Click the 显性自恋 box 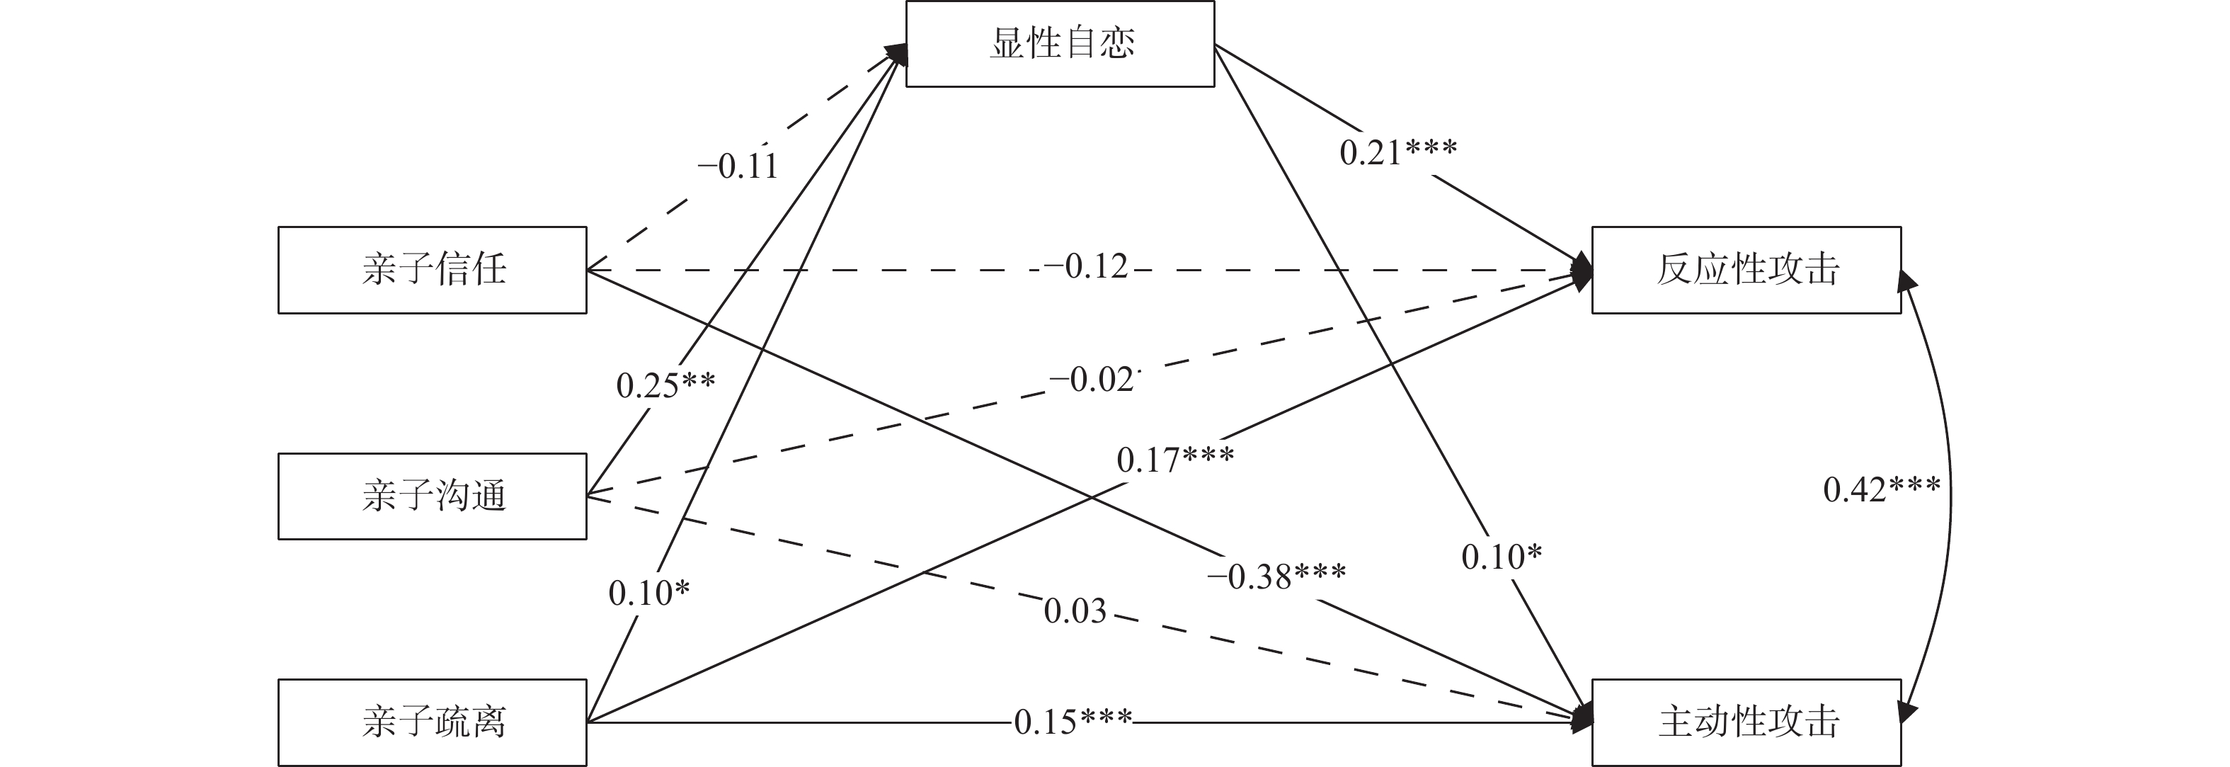click(1060, 43)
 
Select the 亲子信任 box click(432, 269)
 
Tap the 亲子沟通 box click(432, 496)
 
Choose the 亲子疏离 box click(432, 722)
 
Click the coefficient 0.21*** click(1398, 152)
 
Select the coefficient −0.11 click(738, 165)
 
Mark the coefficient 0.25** click(665, 385)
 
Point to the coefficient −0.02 click(1091, 379)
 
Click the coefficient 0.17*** click(1174, 460)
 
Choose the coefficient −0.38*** click(1276, 576)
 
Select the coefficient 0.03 click(1075, 611)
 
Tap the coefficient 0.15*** click(1073, 721)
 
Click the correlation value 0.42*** click(1882, 490)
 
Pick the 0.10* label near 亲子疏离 click(649, 593)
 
